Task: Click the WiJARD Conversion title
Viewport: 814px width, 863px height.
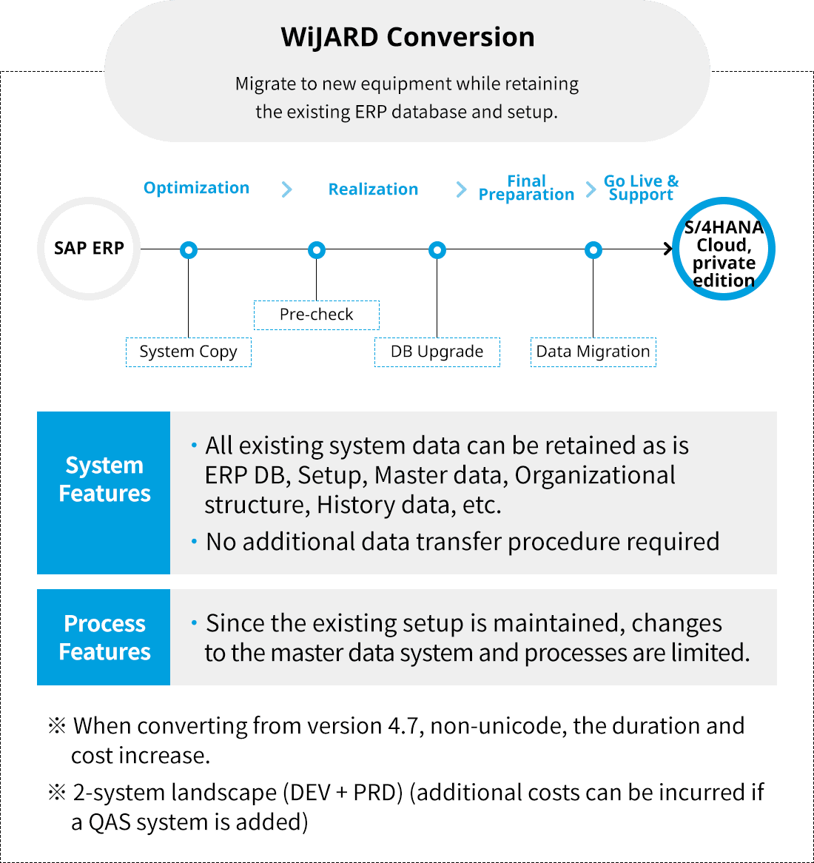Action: (407, 37)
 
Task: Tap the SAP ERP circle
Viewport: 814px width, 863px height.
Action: (89, 249)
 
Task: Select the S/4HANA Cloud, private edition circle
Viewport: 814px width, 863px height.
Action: (724, 250)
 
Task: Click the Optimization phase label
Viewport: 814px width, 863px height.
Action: (196, 188)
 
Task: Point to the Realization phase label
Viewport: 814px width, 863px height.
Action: (373, 189)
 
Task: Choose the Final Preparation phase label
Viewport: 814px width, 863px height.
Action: (526, 188)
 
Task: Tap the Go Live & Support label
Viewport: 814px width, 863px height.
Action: (641, 188)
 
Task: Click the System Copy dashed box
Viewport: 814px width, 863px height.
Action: (189, 352)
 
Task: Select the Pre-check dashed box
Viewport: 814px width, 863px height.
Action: (317, 315)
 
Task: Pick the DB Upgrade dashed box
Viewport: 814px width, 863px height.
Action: (437, 352)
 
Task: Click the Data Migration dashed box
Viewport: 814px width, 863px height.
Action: (593, 352)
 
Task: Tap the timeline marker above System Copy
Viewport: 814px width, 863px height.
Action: (189, 250)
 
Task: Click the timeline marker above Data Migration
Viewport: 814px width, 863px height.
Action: (593, 250)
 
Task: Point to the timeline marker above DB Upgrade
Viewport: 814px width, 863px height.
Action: (437, 250)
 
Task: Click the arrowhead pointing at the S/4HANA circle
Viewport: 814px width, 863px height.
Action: (668, 249)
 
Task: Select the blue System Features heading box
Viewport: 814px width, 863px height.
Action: (104, 493)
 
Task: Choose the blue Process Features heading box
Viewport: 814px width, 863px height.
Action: (104, 637)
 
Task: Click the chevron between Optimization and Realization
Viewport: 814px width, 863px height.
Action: (287, 189)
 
